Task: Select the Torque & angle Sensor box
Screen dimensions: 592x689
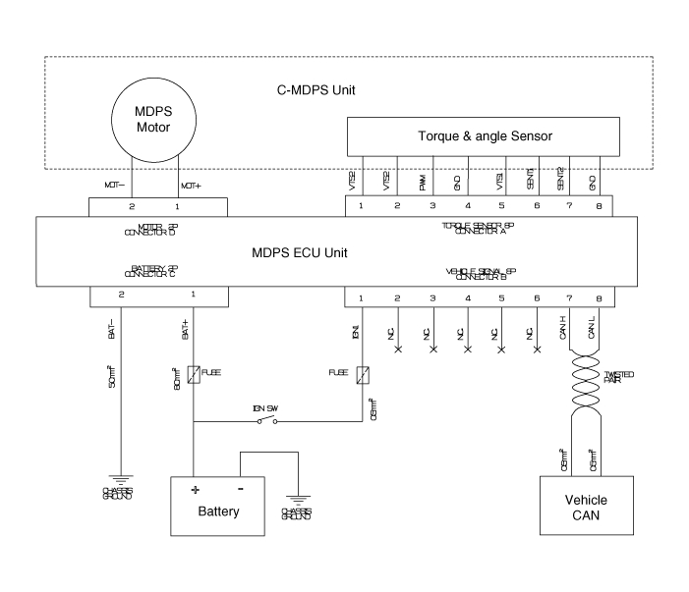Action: (484, 135)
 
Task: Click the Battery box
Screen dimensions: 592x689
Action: (217, 506)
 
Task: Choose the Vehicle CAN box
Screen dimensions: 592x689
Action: (586, 507)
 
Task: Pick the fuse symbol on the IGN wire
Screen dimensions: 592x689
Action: (363, 375)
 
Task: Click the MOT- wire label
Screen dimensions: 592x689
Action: (113, 184)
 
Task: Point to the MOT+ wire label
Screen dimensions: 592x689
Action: (191, 184)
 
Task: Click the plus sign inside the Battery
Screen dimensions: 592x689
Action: (194, 490)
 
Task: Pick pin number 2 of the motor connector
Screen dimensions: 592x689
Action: (131, 207)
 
